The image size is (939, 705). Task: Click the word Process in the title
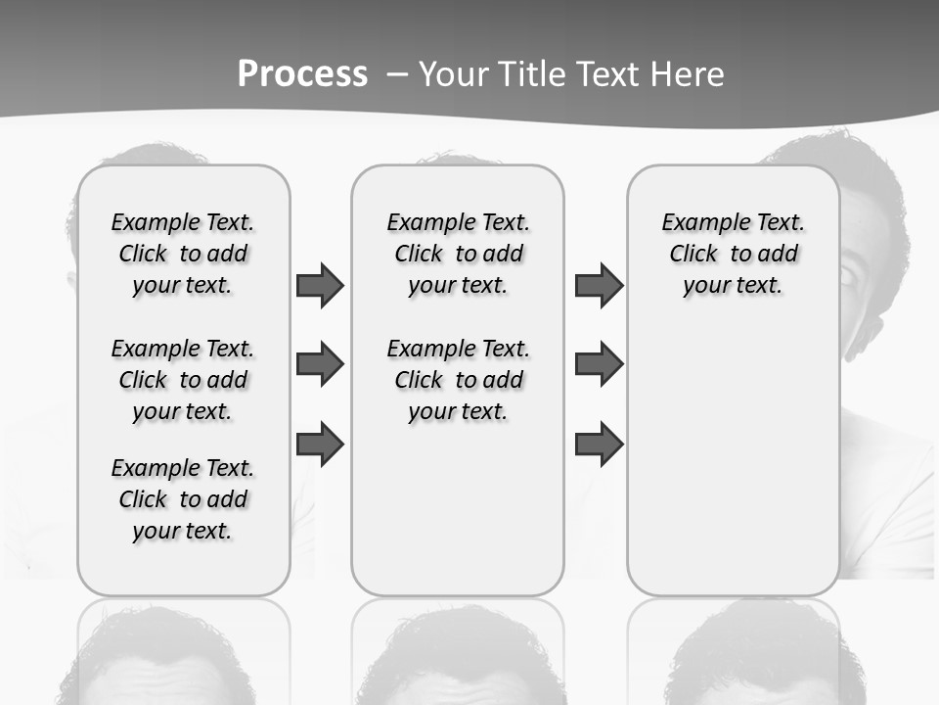pos(302,74)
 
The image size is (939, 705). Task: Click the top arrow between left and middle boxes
pos(320,285)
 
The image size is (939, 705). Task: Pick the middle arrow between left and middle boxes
pos(320,365)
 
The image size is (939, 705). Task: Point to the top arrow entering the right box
pos(599,285)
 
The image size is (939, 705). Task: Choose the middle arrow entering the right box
pos(599,365)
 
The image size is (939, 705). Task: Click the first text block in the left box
pos(183,254)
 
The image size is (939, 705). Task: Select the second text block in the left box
pos(183,380)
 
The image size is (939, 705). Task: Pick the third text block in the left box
pos(183,499)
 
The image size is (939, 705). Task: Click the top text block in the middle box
pos(459,254)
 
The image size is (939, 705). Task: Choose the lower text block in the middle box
pos(459,380)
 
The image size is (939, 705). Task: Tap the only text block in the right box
pos(734,254)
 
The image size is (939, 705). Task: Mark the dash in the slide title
pos(398,74)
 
